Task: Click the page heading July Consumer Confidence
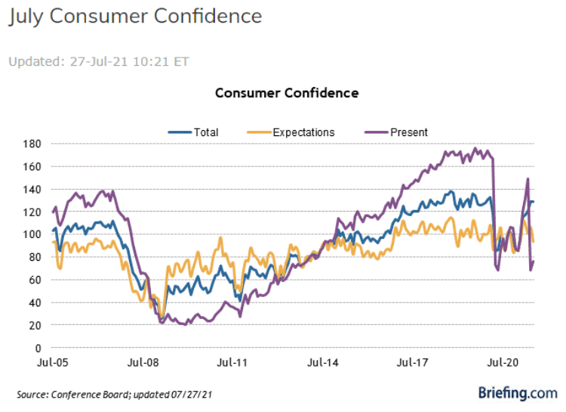point(136,17)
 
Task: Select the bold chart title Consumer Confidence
point(287,93)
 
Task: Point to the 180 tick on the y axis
point(32,144)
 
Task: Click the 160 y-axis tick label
point(32,166)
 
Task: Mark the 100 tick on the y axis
point(32,234)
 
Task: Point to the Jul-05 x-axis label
point(53,363)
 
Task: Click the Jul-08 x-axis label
point(143,363)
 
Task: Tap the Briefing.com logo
point(518,392)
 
